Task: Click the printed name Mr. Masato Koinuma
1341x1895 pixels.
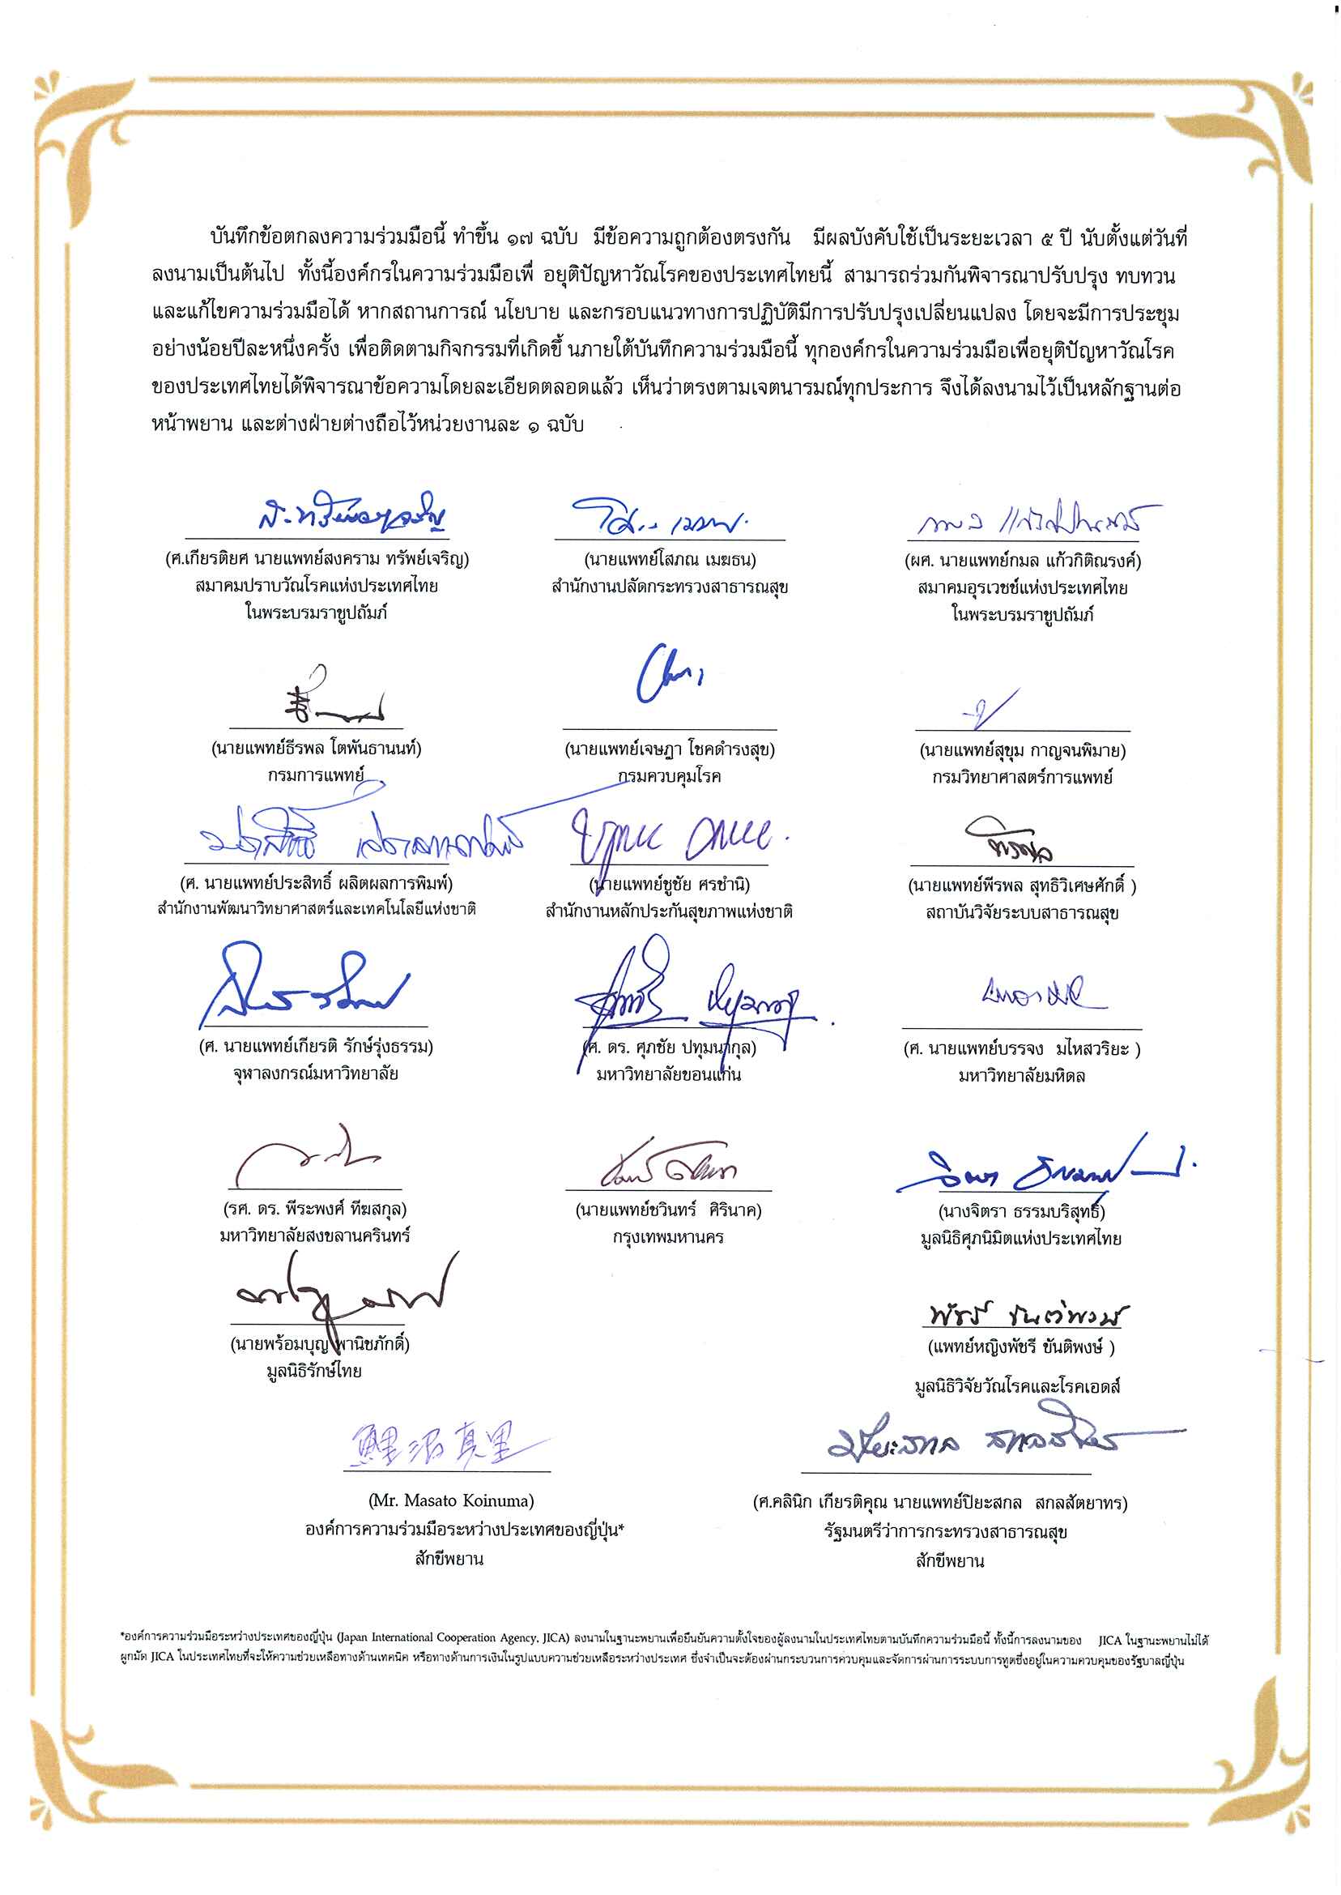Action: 451,1500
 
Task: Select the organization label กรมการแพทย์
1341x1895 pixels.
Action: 316,775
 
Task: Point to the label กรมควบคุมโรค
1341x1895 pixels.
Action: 669,775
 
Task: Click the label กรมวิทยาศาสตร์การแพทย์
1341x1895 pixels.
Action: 1022,776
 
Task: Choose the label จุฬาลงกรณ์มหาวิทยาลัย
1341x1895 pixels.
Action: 316,1074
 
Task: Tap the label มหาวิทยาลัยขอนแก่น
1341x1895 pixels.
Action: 669,1075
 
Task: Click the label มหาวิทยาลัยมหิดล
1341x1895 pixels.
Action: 1022,1076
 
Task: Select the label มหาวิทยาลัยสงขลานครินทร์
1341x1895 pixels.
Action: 316,1236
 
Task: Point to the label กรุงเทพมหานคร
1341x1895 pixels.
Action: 669,1236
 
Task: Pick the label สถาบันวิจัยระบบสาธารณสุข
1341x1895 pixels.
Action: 1022,913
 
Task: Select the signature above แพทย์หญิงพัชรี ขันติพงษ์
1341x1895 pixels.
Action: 1025,1314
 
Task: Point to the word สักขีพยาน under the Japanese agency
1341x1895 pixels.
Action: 449,1559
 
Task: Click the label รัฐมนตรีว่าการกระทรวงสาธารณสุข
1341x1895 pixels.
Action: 946,1531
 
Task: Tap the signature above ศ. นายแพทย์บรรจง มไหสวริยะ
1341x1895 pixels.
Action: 1042,995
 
